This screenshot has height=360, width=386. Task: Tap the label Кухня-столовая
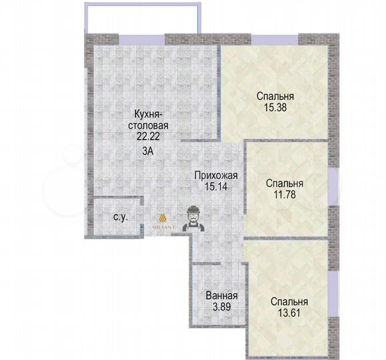point(150,119)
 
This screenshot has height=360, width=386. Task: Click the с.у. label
point(121,217)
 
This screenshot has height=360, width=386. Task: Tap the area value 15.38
point(276,107)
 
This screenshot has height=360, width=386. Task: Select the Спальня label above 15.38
point(276,95)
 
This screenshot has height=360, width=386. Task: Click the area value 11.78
point(285,195)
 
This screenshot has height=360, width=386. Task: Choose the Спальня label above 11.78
point(285,183)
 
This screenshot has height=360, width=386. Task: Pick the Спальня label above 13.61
point(289,301)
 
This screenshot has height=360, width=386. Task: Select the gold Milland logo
point(163,221)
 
